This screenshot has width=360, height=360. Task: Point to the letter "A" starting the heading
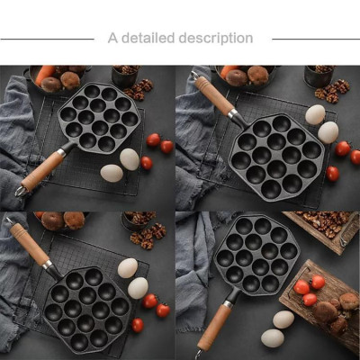[112, 39]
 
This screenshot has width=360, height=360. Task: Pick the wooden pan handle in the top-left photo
[43, 170]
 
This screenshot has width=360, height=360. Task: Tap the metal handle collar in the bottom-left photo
[51, 268]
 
